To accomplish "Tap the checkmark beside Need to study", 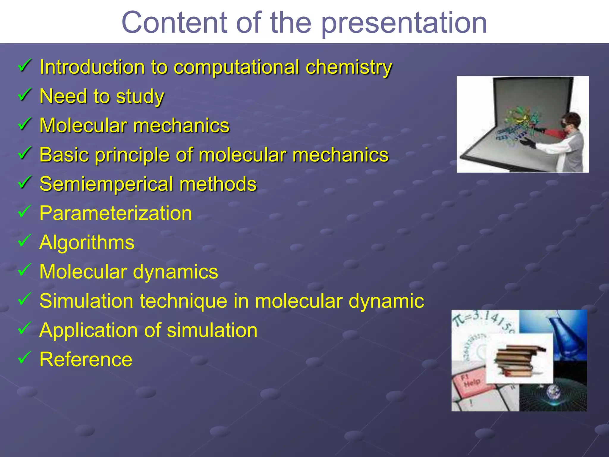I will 24,95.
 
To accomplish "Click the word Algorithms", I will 87,242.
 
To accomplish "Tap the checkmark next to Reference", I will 24,357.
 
